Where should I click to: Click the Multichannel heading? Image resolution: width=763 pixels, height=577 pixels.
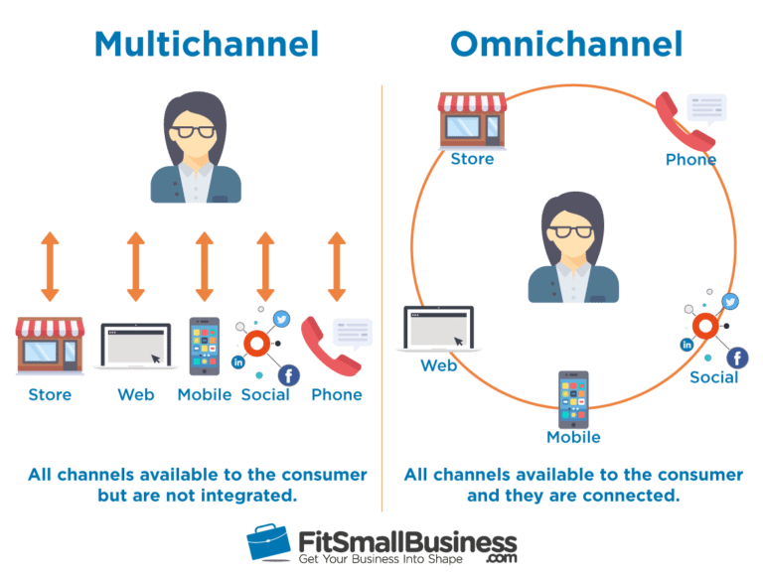[x=206, y=44]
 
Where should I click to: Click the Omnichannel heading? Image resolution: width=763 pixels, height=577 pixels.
[x=566, y=44]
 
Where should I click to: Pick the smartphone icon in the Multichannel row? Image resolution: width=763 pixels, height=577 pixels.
[x=205, y=346]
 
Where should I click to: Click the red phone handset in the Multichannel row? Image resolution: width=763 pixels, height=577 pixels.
[x=327, y=346]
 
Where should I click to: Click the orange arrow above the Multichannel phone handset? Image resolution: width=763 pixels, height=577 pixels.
[x=336, y=267]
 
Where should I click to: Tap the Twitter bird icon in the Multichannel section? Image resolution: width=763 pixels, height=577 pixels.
[x=281, y=320]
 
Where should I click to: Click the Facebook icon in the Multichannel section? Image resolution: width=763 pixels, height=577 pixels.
[x=288, y=374]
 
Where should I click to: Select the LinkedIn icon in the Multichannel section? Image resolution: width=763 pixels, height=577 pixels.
[x=238, y=362]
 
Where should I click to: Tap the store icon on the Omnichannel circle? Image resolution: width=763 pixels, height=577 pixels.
[x=472, y=119]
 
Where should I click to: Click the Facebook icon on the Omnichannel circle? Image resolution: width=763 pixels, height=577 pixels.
[x=737, y=358]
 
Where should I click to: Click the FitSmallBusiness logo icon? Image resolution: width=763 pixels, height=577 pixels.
[x=271, y=543]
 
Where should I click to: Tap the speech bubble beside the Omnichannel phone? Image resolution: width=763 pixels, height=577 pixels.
[x=706, y=107]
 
